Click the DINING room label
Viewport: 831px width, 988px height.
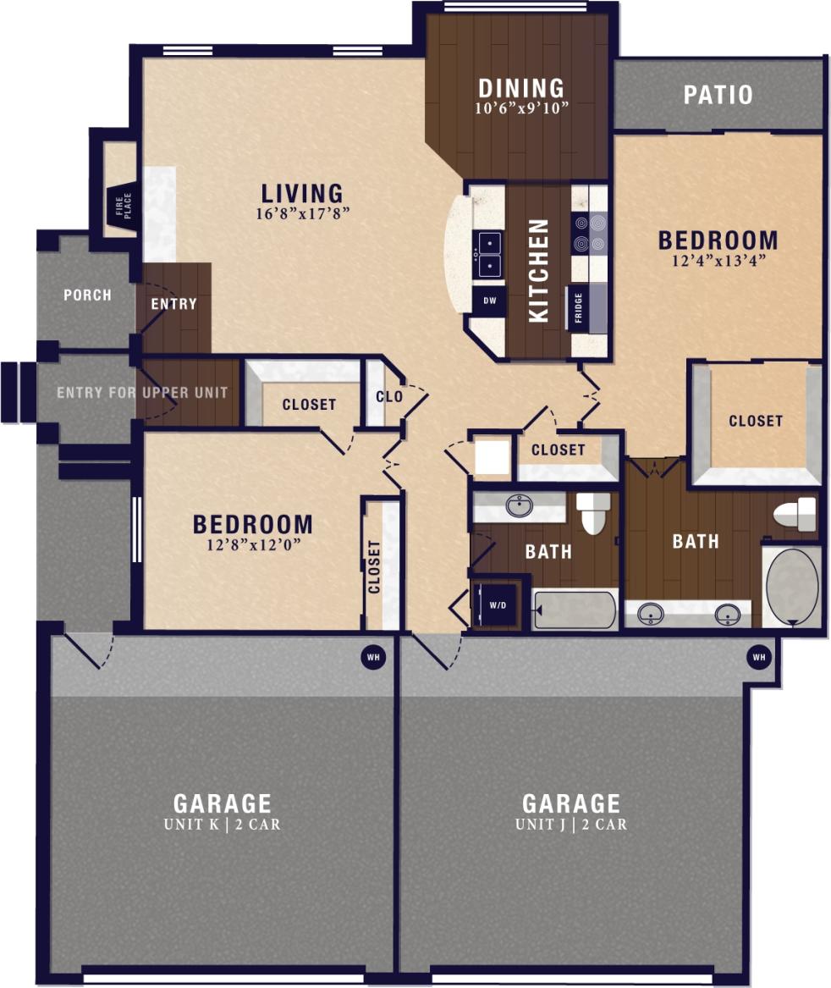521,88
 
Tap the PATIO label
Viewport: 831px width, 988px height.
718,94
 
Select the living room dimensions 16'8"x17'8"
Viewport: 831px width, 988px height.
301,213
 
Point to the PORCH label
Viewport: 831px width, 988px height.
87,295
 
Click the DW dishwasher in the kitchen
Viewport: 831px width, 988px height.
489,301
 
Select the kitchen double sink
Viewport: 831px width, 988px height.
488,255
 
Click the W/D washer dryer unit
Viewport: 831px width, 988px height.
499,604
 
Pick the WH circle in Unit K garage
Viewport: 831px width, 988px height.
372,657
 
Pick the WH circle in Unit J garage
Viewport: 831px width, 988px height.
758,657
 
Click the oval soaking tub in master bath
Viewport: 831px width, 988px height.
792,586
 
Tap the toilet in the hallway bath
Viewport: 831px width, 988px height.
593,513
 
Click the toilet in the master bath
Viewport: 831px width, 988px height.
795,514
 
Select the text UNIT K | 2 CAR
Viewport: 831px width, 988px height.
223,824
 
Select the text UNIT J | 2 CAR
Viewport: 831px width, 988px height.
571,824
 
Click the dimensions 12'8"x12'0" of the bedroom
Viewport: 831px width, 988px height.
252,544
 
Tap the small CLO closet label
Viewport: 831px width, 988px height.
388,396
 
